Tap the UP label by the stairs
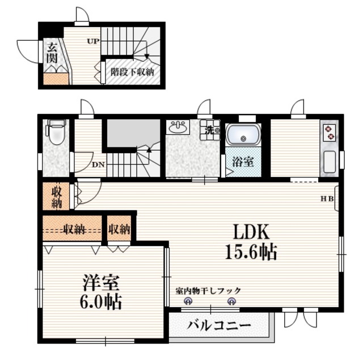point(92,41)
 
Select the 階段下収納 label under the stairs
point(132,72)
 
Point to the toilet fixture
point(56,133)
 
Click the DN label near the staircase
point(98,164)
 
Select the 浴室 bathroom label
point(243,162)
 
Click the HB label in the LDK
point(327,198)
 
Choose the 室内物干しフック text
point(208,290)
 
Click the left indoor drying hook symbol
point(184,302)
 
